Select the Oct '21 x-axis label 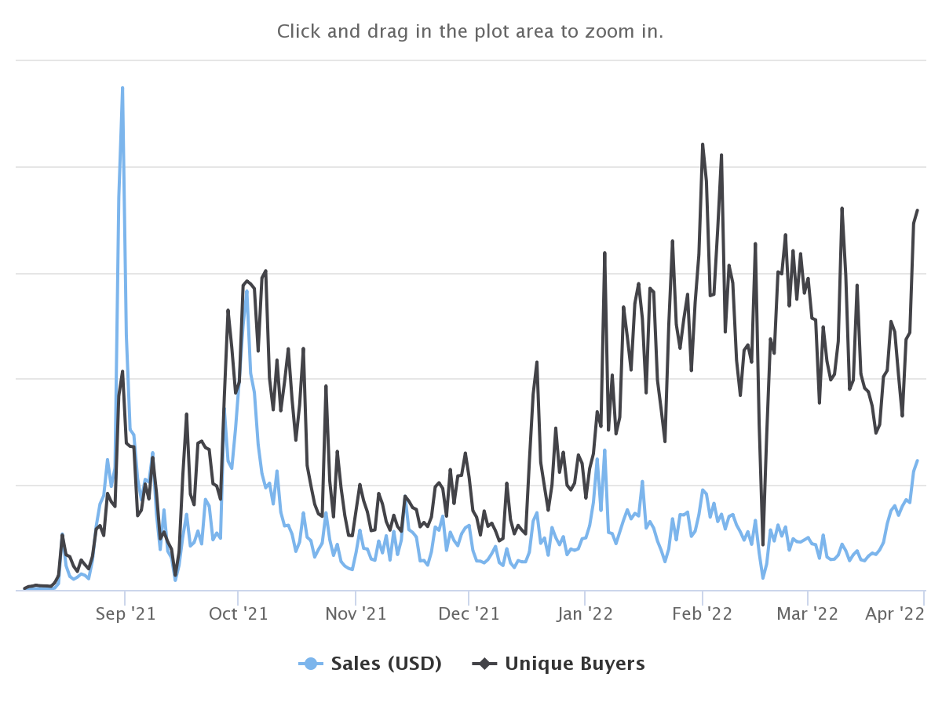pyautogui.click(x=239, y=613)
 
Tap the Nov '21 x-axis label pyautogui.click(x=356, y=613)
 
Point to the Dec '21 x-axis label pyautogui.click(x=468, y=613)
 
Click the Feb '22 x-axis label pyautogui.click(x=703, y=613)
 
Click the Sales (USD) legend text pyautogui.click(x=386, y=664)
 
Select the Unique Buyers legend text pyautogui.click(x=575, y=664)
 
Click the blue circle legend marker pyautogui.click(x=311, y=664)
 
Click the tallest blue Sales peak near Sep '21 pyautogui.click(x=122, y=88)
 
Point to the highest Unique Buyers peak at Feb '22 pyautogui.click(x=703, y=144)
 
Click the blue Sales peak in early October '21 pyautogui.click(x=246, y=291)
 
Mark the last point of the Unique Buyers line pyautogui.click(x=918, y=210)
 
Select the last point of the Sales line pyautogui.click(x=918, y=460)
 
